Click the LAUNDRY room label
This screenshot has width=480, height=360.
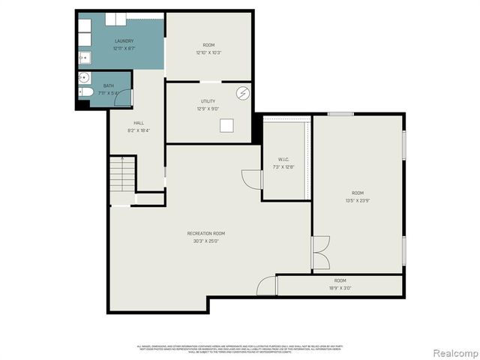coord(124,40)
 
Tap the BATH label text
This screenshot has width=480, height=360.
coord(109,86)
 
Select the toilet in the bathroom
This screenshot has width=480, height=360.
coord(85,92)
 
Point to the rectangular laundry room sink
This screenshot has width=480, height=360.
coord(85,57)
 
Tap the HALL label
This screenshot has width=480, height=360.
coord(139,123)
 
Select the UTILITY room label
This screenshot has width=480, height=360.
coord(208,101)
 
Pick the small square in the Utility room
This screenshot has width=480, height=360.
coord(226,126)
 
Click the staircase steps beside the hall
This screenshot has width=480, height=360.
coord(121,175)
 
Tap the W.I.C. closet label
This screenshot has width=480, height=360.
coord(283,159)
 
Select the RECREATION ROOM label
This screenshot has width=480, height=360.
coord(206,233)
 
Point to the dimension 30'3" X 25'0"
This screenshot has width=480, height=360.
coord(206,241)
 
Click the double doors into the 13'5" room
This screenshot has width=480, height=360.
coord(321,253)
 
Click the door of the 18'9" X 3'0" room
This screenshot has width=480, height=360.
coord(267,286)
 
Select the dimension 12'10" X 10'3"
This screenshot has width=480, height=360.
coord(208,52)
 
